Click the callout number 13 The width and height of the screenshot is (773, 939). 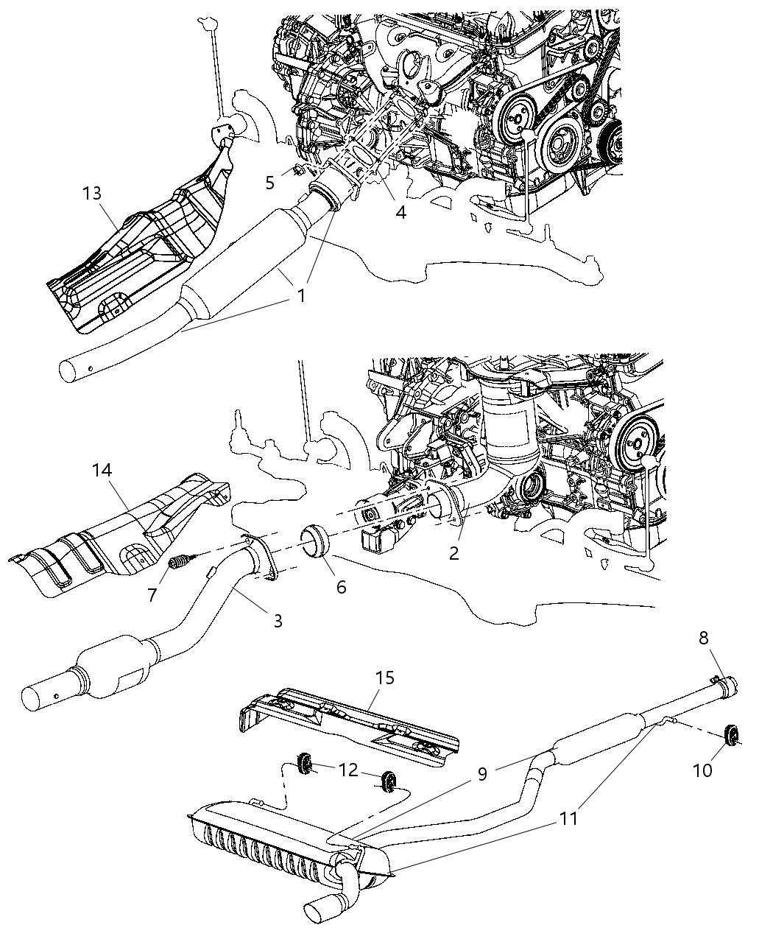pos(93,193)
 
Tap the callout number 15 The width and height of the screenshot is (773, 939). pos(384,678)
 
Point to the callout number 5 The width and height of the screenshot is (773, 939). pos(269,182)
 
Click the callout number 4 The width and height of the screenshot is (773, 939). pos(400,212)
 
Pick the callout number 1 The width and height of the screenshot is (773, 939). pos(300,295)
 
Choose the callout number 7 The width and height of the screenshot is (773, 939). pos(152,594)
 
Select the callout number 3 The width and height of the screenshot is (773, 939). pos(278,621)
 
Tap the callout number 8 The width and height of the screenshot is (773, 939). pos(705,637)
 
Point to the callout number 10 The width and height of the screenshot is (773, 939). pos(702,770)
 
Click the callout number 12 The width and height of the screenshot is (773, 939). pos(347,770)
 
